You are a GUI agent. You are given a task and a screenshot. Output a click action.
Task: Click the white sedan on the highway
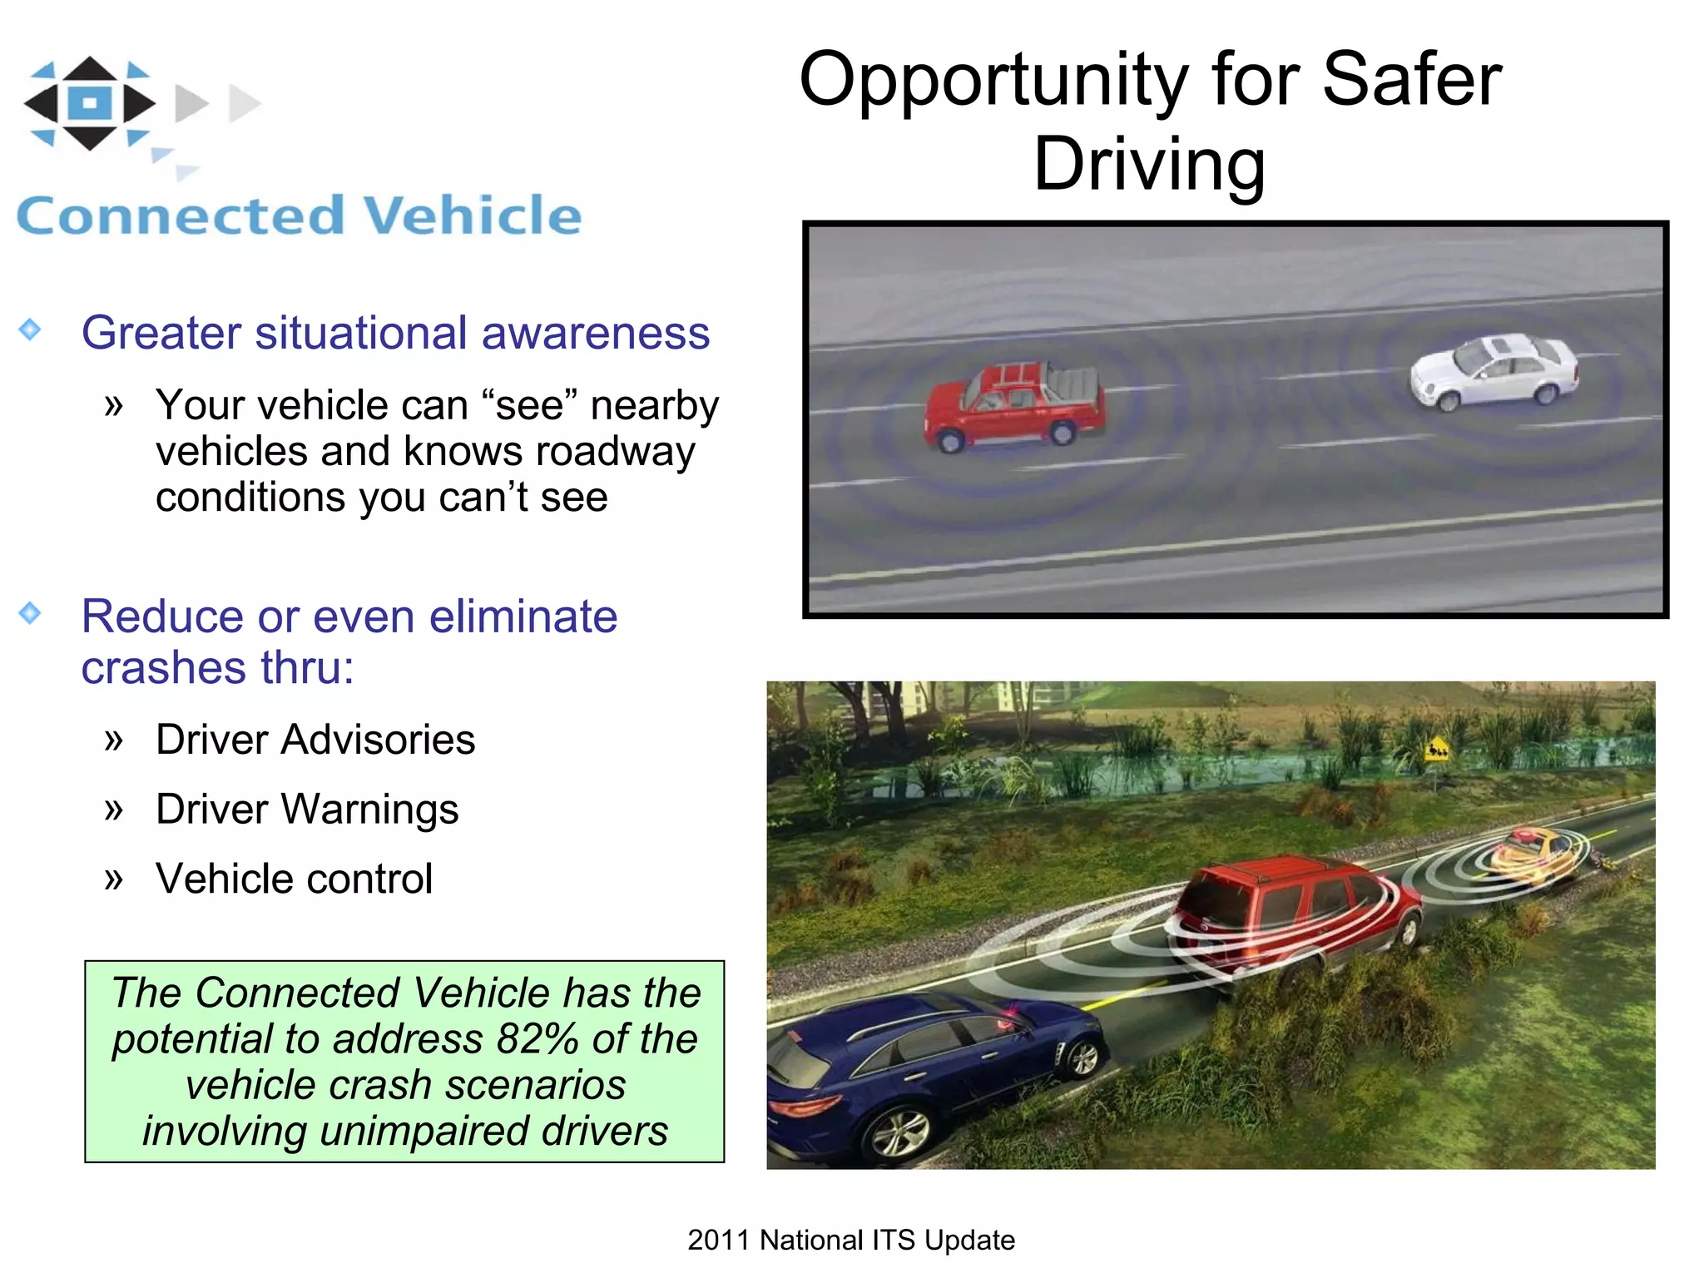pyautogui.click(x=1494, y=371)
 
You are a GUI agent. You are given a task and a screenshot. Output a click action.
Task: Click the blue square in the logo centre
pyautogui.click(x=90, y=103)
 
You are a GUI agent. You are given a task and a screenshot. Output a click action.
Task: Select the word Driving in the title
pyautogui.click(x=1149, y=164)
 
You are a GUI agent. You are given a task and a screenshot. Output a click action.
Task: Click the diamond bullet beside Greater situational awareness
pyautogui.click(x=30, y=329)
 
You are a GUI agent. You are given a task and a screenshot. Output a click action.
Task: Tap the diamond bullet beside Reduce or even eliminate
pyautogui.click(x=30, y=613)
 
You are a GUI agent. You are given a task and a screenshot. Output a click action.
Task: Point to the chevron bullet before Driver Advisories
pyautogui.click(x=114, y=740)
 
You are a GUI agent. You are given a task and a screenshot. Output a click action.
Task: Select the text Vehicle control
pyautogui.click(x=294, y=879)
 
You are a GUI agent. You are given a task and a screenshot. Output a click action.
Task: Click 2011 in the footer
pyautogui.click(x=719, y=1240)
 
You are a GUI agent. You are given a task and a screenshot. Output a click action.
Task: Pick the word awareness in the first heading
pyautogui.click(x=595, y=333)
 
